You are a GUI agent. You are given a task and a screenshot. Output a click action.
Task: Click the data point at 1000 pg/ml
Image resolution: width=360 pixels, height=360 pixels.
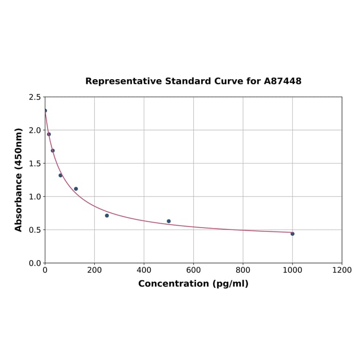click(292, 234)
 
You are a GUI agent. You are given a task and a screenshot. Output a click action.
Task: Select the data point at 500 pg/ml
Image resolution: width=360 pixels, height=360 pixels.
click(169, 221)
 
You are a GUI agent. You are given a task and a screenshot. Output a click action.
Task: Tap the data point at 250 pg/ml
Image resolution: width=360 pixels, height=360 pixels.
click(107, 215)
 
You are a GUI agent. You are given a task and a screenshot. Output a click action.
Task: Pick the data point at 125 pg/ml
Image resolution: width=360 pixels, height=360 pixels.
click(76, 189)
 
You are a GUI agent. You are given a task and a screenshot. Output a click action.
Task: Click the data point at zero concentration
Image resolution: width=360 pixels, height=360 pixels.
click(45, 111)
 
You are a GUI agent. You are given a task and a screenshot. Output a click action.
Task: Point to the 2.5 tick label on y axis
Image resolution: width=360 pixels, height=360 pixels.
click(34, 97)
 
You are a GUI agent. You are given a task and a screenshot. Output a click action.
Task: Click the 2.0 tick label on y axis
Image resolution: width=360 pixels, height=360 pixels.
click(34, 130)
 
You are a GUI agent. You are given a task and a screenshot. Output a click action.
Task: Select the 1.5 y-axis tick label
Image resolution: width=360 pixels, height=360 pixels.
click(34, 164)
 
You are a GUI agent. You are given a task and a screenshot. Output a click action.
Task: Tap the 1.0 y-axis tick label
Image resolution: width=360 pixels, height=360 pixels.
click(34, 196)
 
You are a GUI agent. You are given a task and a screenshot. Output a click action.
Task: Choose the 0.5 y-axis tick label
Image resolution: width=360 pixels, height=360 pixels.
click(34, 230)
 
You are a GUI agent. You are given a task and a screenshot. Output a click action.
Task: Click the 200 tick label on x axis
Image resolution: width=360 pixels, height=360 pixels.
click(94, 270)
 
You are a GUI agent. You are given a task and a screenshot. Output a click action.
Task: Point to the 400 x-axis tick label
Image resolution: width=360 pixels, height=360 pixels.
click(144, 270)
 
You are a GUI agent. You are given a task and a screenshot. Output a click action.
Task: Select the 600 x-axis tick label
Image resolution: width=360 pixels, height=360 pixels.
click(193, 270)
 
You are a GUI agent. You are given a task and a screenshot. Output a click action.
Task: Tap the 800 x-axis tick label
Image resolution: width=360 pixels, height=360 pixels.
click(243, 270)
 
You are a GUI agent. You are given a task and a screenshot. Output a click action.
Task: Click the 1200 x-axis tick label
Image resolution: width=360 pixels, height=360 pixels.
click(342, 270)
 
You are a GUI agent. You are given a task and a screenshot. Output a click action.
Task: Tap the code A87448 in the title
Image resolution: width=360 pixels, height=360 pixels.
click(283, 82)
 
